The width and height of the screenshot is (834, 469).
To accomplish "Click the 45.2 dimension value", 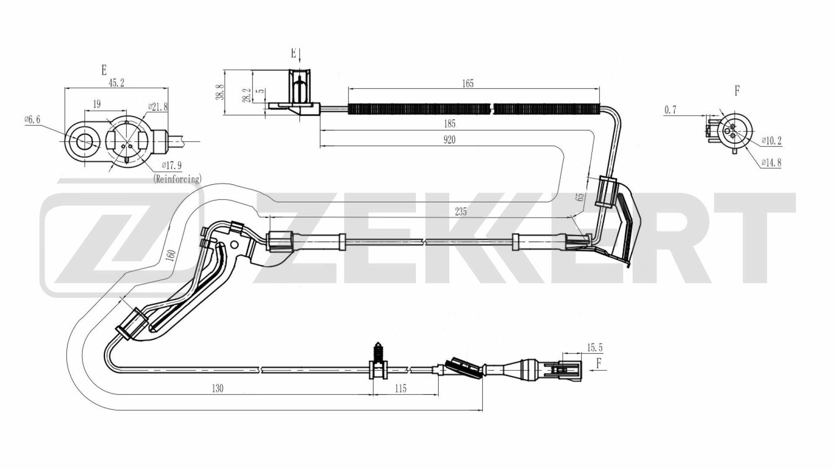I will coord(116,83).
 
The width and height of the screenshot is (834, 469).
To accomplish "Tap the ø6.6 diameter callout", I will coord(32,119).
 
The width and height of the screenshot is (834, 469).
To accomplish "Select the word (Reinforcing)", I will coord(177,178).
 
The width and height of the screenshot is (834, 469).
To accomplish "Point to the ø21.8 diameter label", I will coord(158,106).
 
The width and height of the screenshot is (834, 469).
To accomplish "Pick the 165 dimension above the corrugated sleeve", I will coord(468,83).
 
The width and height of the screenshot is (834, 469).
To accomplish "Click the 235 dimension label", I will coord(460,211).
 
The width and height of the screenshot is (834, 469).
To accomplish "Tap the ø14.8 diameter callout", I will coord(771,163).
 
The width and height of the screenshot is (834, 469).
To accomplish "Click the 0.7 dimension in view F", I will coord(671,110).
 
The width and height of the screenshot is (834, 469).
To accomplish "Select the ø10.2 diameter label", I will coord(771,141).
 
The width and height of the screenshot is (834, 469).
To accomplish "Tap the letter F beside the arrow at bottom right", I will coord(599,363).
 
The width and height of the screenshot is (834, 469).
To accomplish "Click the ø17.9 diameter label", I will coord(172,165).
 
